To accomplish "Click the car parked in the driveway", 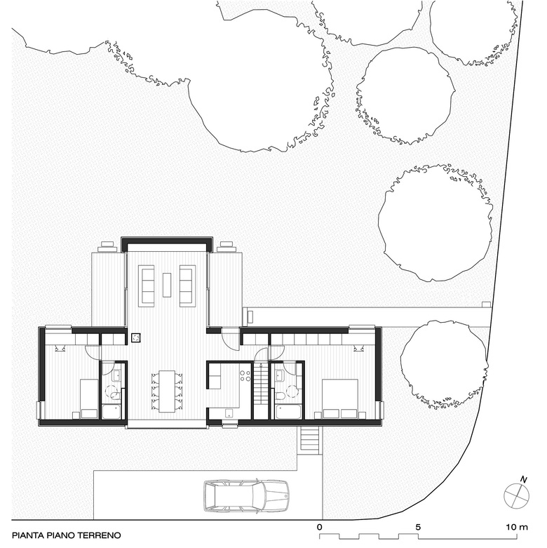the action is tap(246, 496).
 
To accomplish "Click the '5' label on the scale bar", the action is tap(418, 527).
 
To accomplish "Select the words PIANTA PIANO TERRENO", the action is tap(67, 535).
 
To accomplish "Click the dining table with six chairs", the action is tap(167, 391).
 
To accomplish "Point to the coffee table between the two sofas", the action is tap(167, 285).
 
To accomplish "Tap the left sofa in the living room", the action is tap(147, 286).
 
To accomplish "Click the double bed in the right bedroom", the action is tap(340, 399).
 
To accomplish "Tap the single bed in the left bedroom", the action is tap(89, 399).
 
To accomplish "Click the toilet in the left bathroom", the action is tap(115, 394).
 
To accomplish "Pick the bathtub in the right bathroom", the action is tap(288, 412).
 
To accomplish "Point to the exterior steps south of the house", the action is tap(310, 440).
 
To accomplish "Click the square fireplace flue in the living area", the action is tap(136, 338).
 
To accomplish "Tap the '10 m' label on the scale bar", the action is tap(518, 527).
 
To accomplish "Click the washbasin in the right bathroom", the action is tap(281, 376).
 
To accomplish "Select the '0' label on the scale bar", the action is tap(320, 527).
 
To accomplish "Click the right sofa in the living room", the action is tap(187, 286).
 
